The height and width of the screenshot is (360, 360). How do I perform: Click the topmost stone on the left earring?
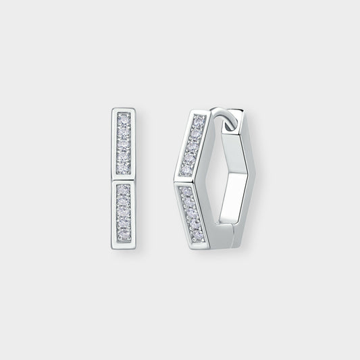point(123,117)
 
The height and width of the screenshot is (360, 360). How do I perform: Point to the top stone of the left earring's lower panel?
point(123,187)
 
